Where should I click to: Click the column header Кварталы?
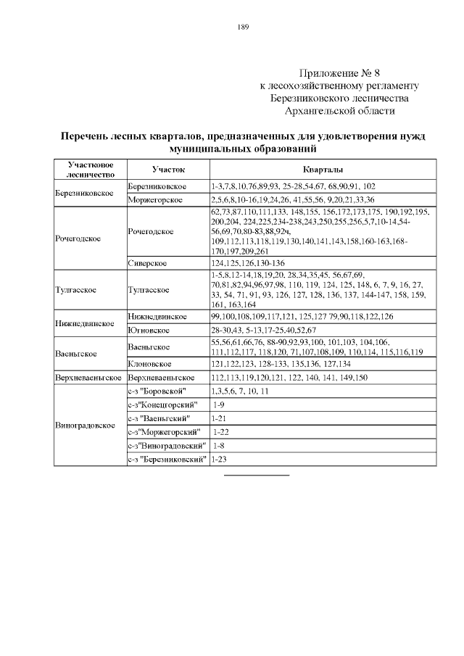pos(323,169)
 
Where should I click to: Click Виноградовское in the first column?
pos(86,425)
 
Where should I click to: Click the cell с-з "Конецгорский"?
pos(163,404)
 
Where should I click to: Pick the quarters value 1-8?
pos(217,446)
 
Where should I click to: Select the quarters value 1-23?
pos(218,460)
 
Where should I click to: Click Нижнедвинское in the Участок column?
pos(158,317)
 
